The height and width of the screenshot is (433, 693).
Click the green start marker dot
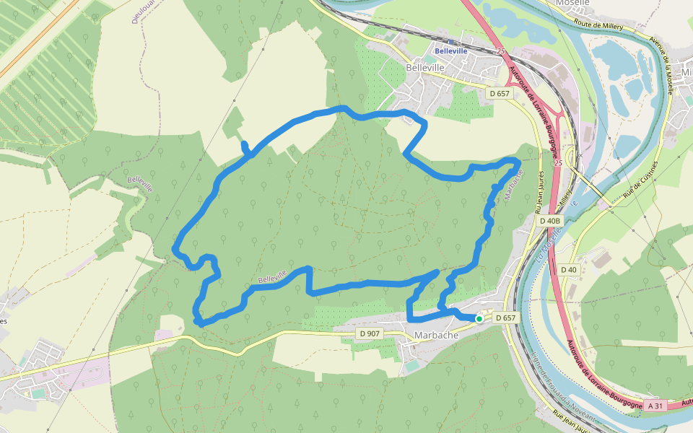click(479, 318)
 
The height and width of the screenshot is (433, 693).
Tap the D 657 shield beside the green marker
click(505, 318)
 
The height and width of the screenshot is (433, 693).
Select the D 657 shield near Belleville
click(499, 93)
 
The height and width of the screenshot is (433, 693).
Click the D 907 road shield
click(370, 333)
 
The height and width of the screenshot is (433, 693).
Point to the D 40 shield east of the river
click(569, 269)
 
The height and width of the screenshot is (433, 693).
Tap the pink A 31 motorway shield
click(655, 406)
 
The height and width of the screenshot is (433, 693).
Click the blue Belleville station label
click(451, 51)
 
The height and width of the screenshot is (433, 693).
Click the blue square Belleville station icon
click(437, 43)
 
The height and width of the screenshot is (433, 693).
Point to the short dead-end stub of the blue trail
click(245, 146)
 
